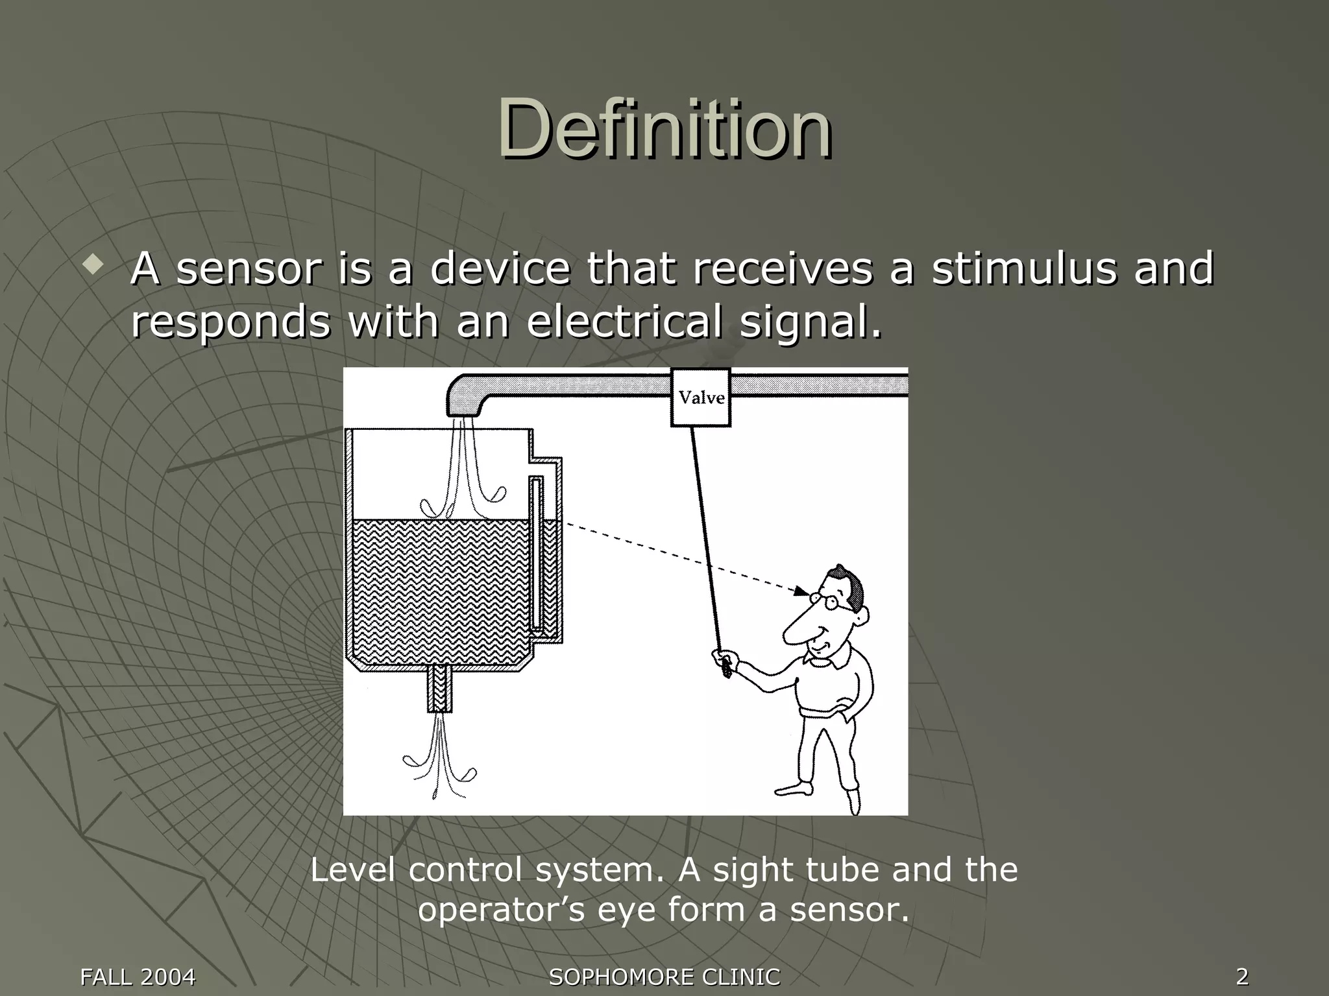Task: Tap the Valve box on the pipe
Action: pos(701,397)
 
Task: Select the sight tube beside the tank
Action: pos(536,554)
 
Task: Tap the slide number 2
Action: pos(1242,976)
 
